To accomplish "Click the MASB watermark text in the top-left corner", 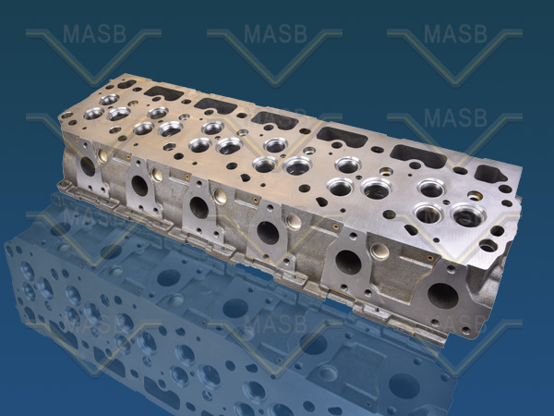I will pos(93,34).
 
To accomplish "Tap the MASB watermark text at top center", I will pos(274,34).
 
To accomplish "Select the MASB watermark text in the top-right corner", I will pos(454,34).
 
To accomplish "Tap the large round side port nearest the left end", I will pos(88,166).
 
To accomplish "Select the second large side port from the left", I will pos(139,185).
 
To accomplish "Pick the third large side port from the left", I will pos(199,207).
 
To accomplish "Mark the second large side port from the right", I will pos(348,262).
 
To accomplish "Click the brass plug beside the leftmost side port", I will pos(102,157).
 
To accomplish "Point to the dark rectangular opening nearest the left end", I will pos(164,92).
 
